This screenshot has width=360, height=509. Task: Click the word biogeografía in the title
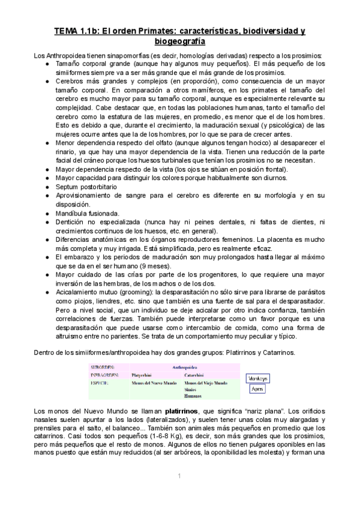(x=180, y=41)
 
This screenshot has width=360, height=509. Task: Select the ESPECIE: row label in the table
(x=103, y=382)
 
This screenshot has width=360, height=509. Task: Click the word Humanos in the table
(x=193, y=396)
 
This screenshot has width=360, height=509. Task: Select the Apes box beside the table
(x=257, y=389)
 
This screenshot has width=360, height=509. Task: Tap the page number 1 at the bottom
(x=179, y=476)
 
